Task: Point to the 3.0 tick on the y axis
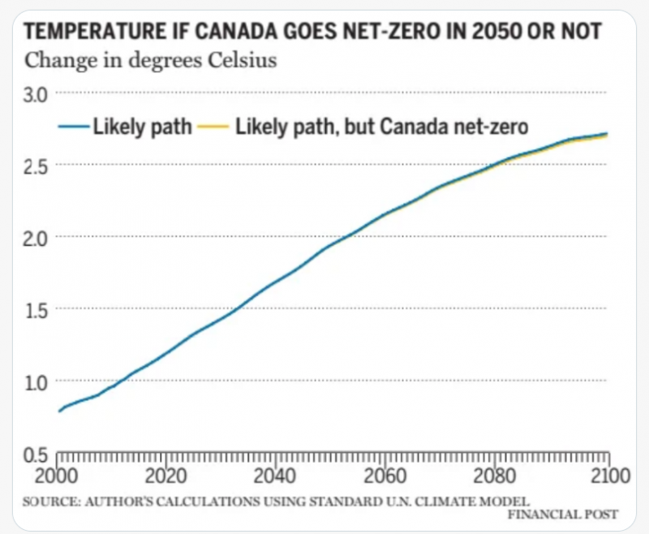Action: coord(37,94)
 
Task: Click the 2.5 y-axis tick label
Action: coord(37,166)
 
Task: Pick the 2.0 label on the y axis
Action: coord(37,237)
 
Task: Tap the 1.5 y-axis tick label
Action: coord(37,309)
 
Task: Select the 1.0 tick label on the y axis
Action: coord(37,381)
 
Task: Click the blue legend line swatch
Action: coord(73,127)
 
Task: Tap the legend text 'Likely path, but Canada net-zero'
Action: coord(381,127)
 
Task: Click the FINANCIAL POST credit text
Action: coord(564,515)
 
